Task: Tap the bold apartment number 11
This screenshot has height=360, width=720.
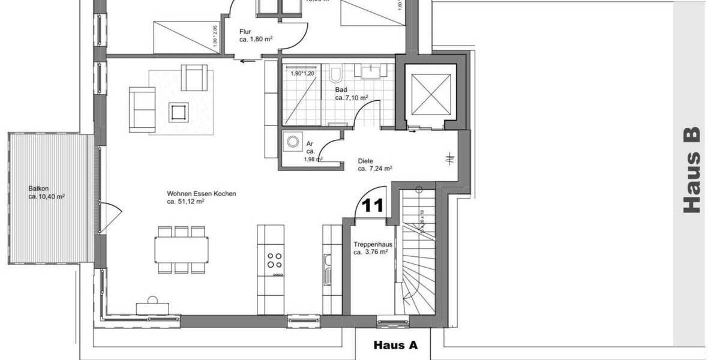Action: click(373, 206)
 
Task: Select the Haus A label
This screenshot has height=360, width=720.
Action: click(395, 345)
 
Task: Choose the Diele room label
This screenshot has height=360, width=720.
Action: click(366, 161)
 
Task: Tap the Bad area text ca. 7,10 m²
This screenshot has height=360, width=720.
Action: click(352, 97)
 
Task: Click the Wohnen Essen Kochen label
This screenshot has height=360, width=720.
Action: click(202, 194)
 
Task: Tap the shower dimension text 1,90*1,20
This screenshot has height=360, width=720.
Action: click(302, 74)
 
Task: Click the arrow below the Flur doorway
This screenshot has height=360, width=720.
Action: click(246, 61)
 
